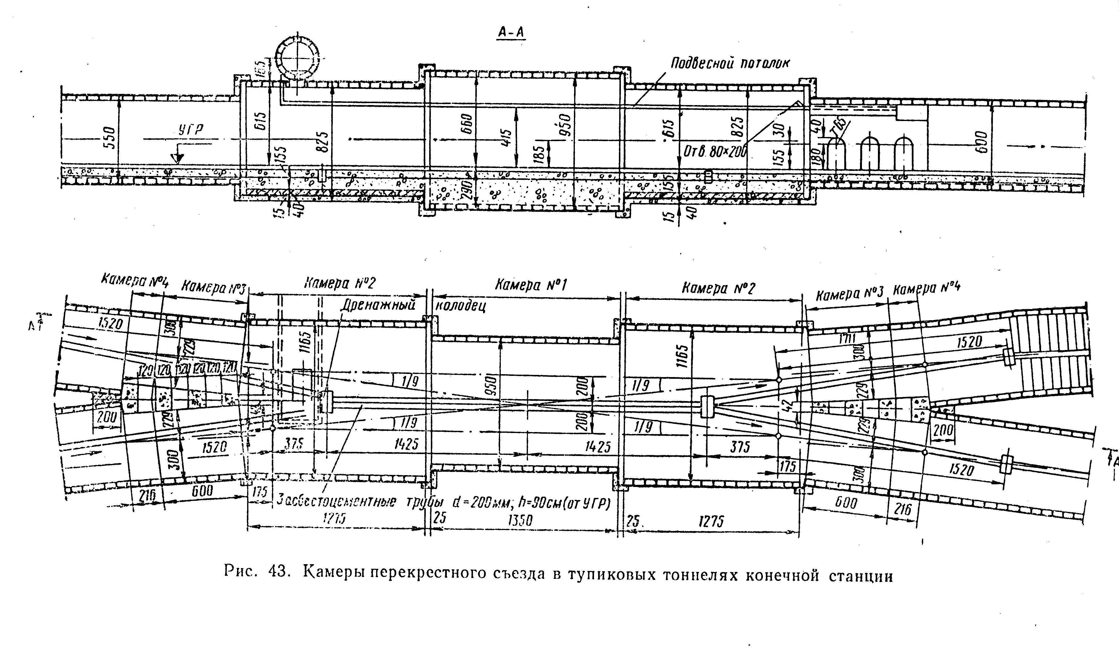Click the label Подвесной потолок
click(730, 63)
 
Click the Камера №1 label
click(531, 285)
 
